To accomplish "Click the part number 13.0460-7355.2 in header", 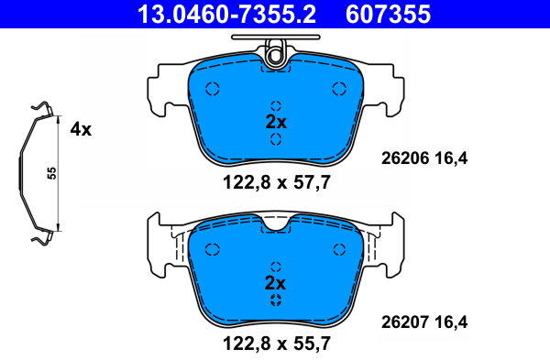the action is click(227, 14).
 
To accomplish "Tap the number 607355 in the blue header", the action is click(388, 14).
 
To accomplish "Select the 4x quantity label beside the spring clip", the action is click(81, 130).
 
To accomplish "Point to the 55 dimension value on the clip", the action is click(52, 173).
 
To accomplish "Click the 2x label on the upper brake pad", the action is click(276, 122).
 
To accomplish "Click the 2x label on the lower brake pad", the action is click(275, 283).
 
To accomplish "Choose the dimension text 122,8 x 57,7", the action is click(277, 182).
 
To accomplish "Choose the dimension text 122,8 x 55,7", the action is click(277, 344).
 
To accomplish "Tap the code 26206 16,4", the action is click(424, 158).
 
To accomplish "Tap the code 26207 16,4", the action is click(424, 322).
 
